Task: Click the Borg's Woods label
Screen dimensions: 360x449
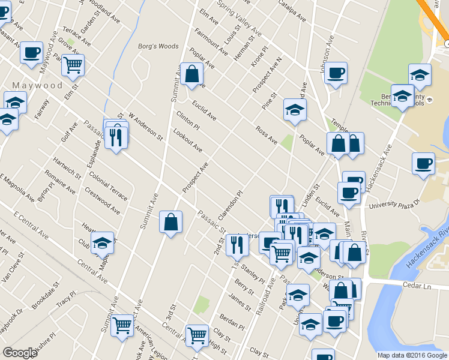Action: (x=158, y=46)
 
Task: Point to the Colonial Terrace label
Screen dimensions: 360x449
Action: (x=107, y=187)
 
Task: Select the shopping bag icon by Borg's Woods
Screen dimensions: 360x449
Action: (x=192, y=75)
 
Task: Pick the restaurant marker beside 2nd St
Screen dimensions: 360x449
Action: (x=237, y=244)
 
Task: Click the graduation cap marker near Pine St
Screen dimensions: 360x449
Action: (x=295, y=110)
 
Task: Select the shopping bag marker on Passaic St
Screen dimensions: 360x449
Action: (x=171, y=222)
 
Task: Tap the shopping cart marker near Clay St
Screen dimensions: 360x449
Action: (x=196, y=336)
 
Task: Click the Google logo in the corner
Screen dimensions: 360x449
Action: (x=20, y=353)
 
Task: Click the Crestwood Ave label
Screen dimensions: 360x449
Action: (x=101, y=203)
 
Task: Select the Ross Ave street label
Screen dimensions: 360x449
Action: (x=266, y=136)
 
